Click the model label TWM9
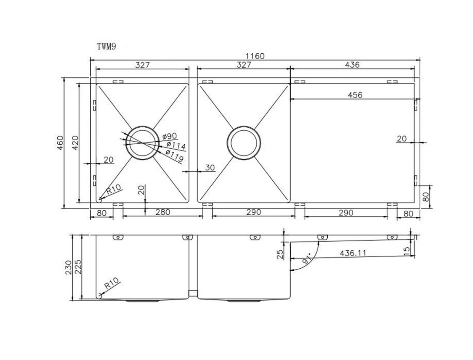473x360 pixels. click(x=106, y=46)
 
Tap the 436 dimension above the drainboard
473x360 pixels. click(x=352, y=65)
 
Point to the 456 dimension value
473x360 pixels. click(x=355, y=95)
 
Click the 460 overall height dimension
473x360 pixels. click(x=60, y=142)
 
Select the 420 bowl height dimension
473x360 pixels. click(x=75, y=142)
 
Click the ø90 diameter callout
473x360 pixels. click(x=170, y=136)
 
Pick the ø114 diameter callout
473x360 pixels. click(x=176, y=145)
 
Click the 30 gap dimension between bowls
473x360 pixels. click(x=210, y=168)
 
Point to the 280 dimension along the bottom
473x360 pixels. click(x=162, y=212)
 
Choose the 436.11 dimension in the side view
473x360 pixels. click(x=353, y=253)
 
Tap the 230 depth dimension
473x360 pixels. click(x=68, y=267)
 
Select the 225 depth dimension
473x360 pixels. click(x=78, y=267)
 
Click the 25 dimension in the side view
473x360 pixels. click(x=280, y=254)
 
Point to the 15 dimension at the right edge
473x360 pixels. click(x=406, y=250)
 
